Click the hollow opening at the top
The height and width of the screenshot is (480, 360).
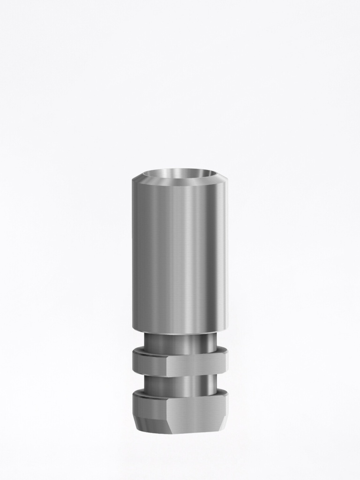click(180, 174)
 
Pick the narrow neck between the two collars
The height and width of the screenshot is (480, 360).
click(180, 386)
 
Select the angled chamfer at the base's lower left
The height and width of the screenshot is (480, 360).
click(141, 424)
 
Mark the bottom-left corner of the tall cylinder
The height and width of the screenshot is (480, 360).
click(134, 329)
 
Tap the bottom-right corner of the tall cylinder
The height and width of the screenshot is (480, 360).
click(225, 329)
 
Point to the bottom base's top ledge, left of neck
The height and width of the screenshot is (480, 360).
click(139, 393)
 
